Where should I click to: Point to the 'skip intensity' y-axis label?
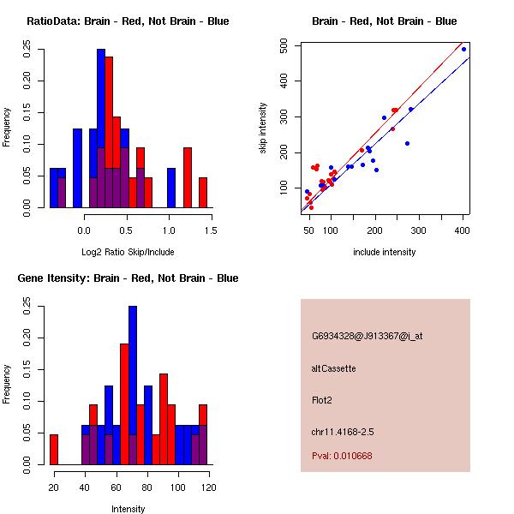coord(263,128)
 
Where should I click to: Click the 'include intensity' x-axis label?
coord(385,252)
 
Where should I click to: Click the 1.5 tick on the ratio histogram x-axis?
coord(211,230)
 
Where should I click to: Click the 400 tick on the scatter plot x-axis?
coord(463,230)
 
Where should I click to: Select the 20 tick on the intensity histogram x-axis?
coord(54,487)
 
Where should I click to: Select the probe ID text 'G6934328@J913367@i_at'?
coord(367,336)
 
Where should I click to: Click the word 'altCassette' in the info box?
coord(334,368)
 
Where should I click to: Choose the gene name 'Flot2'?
coord(322,399)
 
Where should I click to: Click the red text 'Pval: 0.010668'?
coord(342,456)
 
